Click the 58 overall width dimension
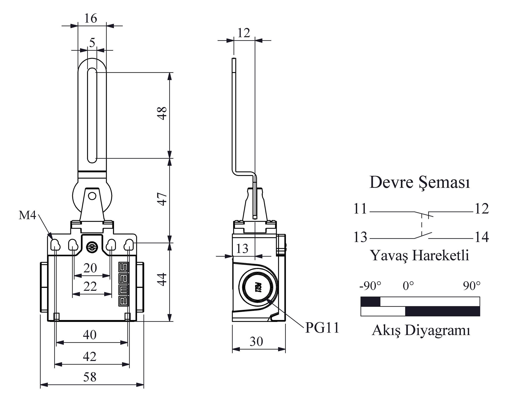tap(90, 377)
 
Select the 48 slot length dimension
tap(162, 113)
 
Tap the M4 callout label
tap(27, 215)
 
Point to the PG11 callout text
tap(322, 328)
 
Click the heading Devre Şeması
tap(420, 183)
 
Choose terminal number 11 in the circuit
tap(360, 209)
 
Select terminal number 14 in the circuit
tap(482, 237)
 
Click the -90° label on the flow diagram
tap(370, 286)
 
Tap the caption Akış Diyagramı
tap(421, 330)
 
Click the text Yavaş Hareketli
tap(420, 255)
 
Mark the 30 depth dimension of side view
tap(256, 341)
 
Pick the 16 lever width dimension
tap(91, 18)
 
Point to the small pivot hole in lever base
tap(92, 196)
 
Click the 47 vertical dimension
tap(162, 199)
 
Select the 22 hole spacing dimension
tap(90, 287)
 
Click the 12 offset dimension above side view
tap(244, 33)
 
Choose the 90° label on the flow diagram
tap(472, 286)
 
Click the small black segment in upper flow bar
tap(371, 302)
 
